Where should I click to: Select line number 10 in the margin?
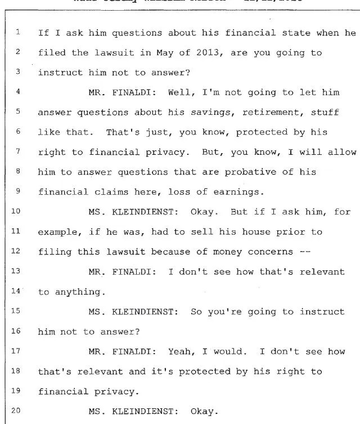(x=16, y=212)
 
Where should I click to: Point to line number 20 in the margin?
(x=16, y=410)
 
